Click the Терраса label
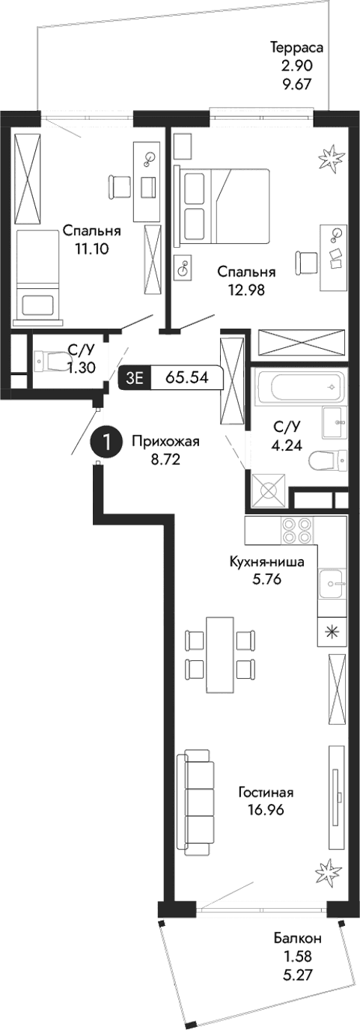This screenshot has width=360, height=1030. point(296,48)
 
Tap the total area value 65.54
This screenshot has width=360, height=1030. point(189,378)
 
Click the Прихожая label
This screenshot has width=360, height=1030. point(165,440)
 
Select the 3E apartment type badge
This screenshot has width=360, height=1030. point(135,378)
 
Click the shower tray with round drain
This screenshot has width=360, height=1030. point(268,491)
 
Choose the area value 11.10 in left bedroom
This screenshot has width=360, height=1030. point(92,249)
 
